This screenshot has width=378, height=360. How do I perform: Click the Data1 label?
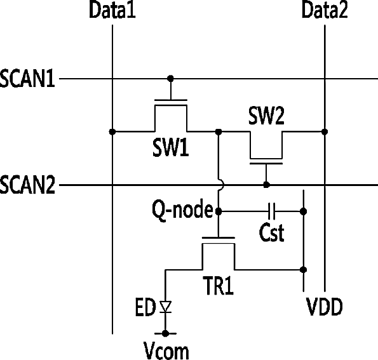[x=112, y=10]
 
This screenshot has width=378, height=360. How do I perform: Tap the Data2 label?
[x=325, y=10]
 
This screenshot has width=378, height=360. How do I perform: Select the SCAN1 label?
[x=27, y=79]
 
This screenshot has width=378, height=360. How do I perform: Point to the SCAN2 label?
[x=27, y=185]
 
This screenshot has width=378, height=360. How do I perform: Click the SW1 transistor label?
[x=171, y=148]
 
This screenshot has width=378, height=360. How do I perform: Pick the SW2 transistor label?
[x=266, y=116]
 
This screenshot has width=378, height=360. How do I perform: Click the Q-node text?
[x=182, y=210]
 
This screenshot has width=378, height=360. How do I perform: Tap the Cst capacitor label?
[x=272, y=233]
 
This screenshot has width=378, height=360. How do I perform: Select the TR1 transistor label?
[x=218, y=286]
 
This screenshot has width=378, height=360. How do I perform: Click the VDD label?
[x=324, y=307]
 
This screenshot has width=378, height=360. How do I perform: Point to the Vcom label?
[x=166, y=350]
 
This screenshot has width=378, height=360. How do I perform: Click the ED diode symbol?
[x=165, y=307]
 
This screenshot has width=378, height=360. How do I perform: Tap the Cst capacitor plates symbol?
[x=272, y=211]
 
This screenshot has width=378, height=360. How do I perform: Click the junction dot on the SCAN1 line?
[x=170, y=79]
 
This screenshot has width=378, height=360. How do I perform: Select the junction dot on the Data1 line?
[x=112, y=132]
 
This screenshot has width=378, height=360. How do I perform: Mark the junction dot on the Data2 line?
[x=325, y=132]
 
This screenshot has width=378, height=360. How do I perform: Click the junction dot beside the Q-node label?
[x=218, y=211]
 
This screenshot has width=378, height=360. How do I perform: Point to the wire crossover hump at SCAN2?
[x=222, y=185]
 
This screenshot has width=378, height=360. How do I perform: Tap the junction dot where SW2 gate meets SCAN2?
[x=266, y=185]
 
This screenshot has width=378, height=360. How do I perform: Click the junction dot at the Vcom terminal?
[x=165, y=333]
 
